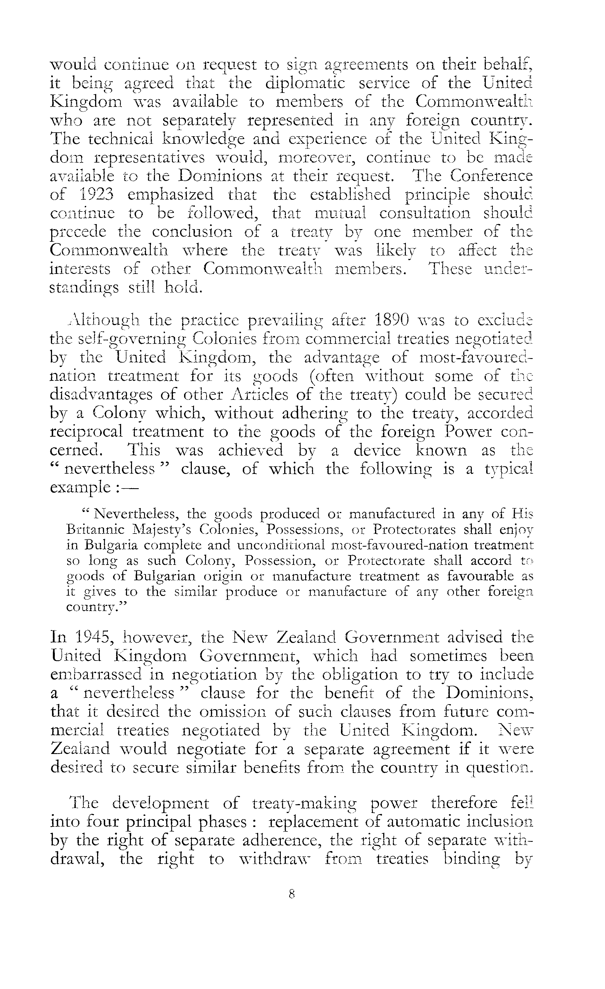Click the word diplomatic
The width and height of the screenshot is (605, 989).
pos(305,83)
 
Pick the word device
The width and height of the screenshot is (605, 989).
pos(377,451)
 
